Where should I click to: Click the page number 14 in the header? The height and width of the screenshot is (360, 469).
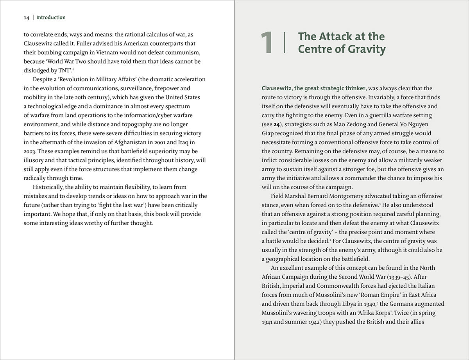coord(26,18)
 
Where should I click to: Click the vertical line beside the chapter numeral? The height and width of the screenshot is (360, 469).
coord(285,43)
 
